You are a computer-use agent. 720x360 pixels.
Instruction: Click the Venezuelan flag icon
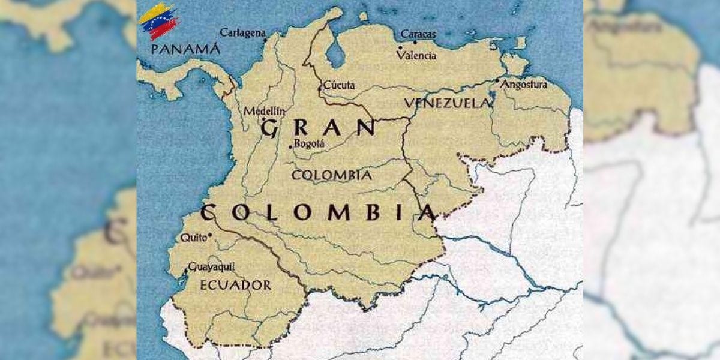coord(158,20)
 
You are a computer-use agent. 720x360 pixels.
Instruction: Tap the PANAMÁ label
coord(185,49)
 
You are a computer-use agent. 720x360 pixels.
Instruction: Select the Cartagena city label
coord(242,32)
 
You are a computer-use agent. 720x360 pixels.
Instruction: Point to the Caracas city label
coord(418,34)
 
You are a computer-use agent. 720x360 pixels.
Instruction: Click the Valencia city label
coord(417,55)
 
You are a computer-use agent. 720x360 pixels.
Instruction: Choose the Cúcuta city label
coord(340,85)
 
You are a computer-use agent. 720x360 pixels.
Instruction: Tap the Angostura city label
coord(524,85)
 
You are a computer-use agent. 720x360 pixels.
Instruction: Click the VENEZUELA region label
coord(447,103)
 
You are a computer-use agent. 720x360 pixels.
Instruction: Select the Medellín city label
coord(264,111)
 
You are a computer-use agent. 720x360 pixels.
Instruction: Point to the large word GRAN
coord(319,128)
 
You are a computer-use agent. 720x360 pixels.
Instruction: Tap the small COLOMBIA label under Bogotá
coord(331,175)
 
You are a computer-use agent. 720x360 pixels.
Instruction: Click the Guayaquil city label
coord(211,267)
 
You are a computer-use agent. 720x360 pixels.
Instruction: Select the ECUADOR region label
coord(235,285)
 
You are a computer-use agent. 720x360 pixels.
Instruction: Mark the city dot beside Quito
coord(209,237)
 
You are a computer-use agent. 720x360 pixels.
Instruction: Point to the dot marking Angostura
coord(497,80)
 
